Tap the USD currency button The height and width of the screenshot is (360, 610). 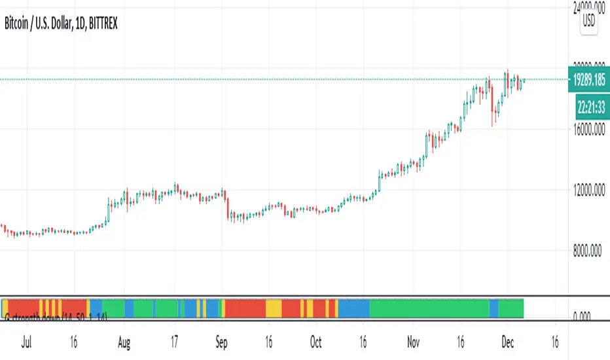[x=589, y=20]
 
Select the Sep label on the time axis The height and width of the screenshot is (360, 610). [x=221, y=342]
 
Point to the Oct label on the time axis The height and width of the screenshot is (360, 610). [x=316, y=342]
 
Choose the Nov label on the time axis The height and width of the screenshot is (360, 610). [x=412, y=342]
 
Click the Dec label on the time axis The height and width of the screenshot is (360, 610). [x=507, y=342]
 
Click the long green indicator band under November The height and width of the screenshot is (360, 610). [x=429, y=308]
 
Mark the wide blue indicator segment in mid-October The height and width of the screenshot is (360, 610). [x=354, y=308]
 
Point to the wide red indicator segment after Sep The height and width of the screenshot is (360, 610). [x=245, y=308]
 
